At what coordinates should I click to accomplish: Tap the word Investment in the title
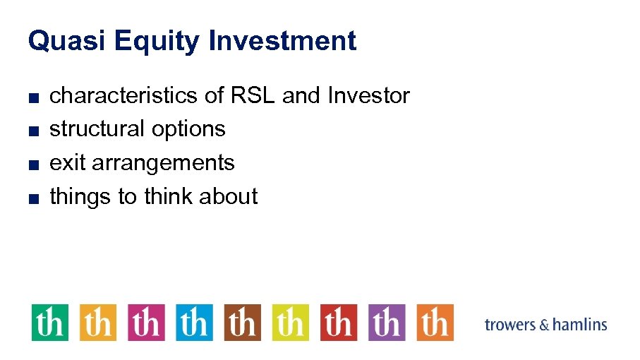(x=282, y=41)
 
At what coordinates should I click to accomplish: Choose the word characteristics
(x=123, y=95)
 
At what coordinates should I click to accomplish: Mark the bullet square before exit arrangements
(x=32, y=164)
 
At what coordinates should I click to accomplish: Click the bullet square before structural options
(x=32, y=131)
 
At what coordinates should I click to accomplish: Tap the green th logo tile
(x=50, y=323)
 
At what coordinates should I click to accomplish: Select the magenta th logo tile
(x=146, y=323)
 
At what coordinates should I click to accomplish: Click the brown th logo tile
(x=242, y=323)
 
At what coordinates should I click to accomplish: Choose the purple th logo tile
(x=387, y=323)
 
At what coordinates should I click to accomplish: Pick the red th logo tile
(x=339, y=323)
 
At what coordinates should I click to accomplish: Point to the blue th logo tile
(x=194, y=323)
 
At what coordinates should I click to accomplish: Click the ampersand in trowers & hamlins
(x=543, y=325)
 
